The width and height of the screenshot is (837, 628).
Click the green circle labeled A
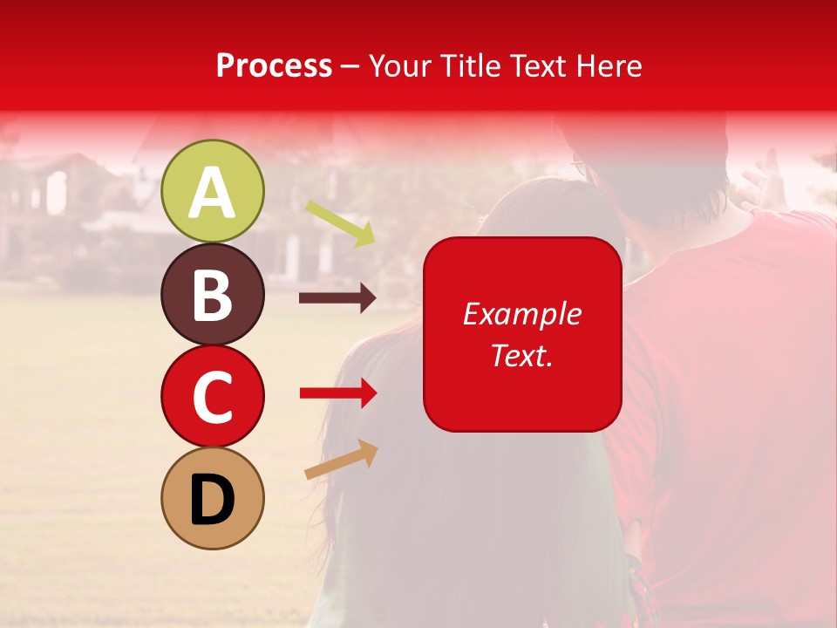coord(213,191)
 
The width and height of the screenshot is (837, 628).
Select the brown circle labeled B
coord(213,294)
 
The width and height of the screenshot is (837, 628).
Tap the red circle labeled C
coord(213,396)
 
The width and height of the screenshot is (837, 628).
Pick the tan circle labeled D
coord(213,498)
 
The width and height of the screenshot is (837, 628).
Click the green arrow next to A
coord(341,223)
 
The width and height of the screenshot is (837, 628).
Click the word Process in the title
coord(274,66)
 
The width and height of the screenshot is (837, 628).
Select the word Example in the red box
coord(521,314)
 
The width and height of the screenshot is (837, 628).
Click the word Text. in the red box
coord(521,355)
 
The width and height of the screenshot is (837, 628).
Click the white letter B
coord(212,295)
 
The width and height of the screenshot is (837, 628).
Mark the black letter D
coord(212,500)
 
